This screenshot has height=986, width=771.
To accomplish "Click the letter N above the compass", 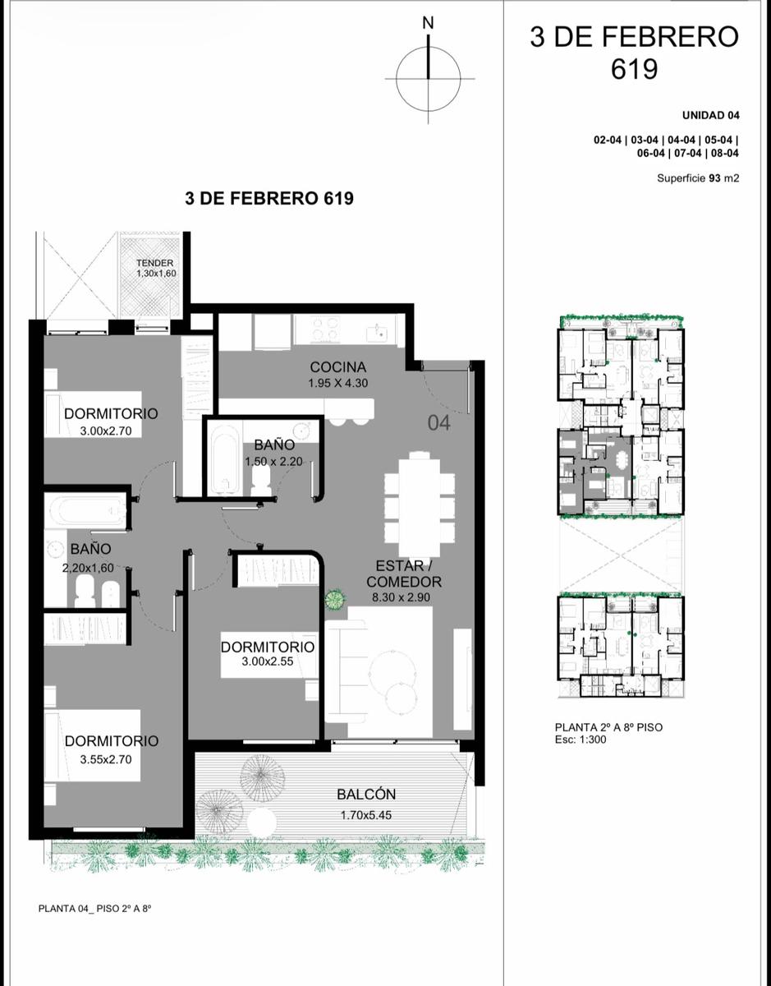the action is click(428, 23).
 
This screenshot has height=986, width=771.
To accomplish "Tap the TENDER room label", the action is click(154, 263).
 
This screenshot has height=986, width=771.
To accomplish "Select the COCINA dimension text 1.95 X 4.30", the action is click(337, 383).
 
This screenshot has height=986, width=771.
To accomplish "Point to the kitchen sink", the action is click(377, 332).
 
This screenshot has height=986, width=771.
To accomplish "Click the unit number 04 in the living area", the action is click(438, 423).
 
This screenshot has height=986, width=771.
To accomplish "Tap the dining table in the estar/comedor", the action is click(420, 504).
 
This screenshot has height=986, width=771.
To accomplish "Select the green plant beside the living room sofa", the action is click(336, 600).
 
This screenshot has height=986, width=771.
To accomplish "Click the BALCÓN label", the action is click(366, 794).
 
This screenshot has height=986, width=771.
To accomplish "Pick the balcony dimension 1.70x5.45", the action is click(366, 815).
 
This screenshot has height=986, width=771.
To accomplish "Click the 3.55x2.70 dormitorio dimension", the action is click(106, 759).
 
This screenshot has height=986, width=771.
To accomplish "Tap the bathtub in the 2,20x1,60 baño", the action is click(85, 510).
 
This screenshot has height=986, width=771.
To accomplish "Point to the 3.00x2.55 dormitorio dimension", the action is click(268, 661).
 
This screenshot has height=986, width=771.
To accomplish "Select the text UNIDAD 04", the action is click(711, 115).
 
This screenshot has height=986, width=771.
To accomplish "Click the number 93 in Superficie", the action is click(714, 177).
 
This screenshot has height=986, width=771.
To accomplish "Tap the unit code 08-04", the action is click(725, 153).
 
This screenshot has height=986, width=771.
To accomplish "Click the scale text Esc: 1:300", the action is click(581, 739).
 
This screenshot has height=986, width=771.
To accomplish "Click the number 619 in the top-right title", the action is click(634, 69).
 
